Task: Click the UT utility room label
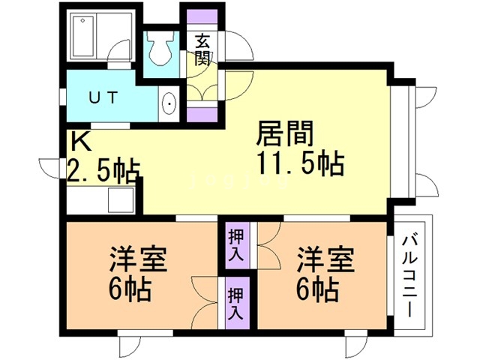pos(104,97)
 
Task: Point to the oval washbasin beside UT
pos(169,103)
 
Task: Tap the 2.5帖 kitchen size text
pos(103,171)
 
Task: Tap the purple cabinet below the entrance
pos(202,115)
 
